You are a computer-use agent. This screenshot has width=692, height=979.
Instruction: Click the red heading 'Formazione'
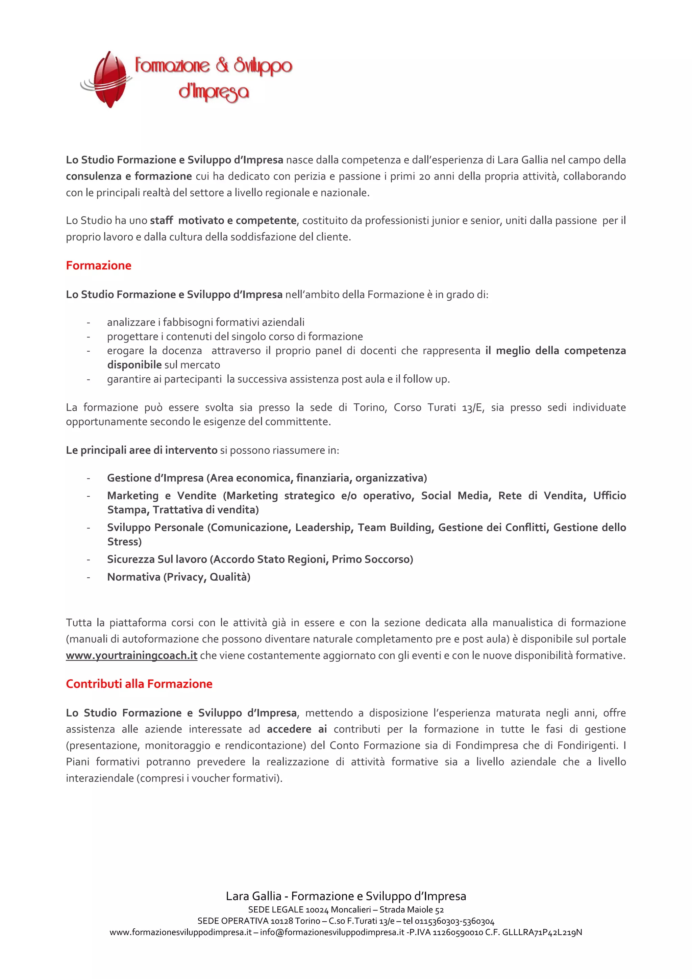point(98,265)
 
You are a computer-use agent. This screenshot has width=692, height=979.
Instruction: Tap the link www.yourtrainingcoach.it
point(131,655)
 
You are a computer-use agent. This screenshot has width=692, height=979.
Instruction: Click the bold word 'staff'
point(161,221)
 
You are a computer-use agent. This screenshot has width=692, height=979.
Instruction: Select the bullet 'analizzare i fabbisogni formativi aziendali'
point(205,322)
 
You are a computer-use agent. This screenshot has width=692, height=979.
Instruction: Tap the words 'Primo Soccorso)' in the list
point(372,559)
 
